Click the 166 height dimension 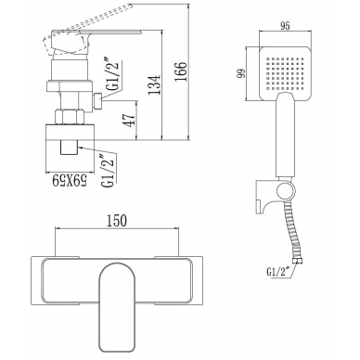pyautogui.click(x=181, y=71)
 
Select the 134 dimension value pyautogui.click(x=154, y=84)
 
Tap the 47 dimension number pyautogui.click(x=130, y=120)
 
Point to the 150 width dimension pyautogui.click(x=117, y=221)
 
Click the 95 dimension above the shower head pyautogui.click(x=285, y=26)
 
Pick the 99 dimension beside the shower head pyautogui.click(x=241, y=73)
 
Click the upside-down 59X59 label pyautogui.click(x=70, y=179)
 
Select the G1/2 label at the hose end pyautogui.click(x=277, y=272)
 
